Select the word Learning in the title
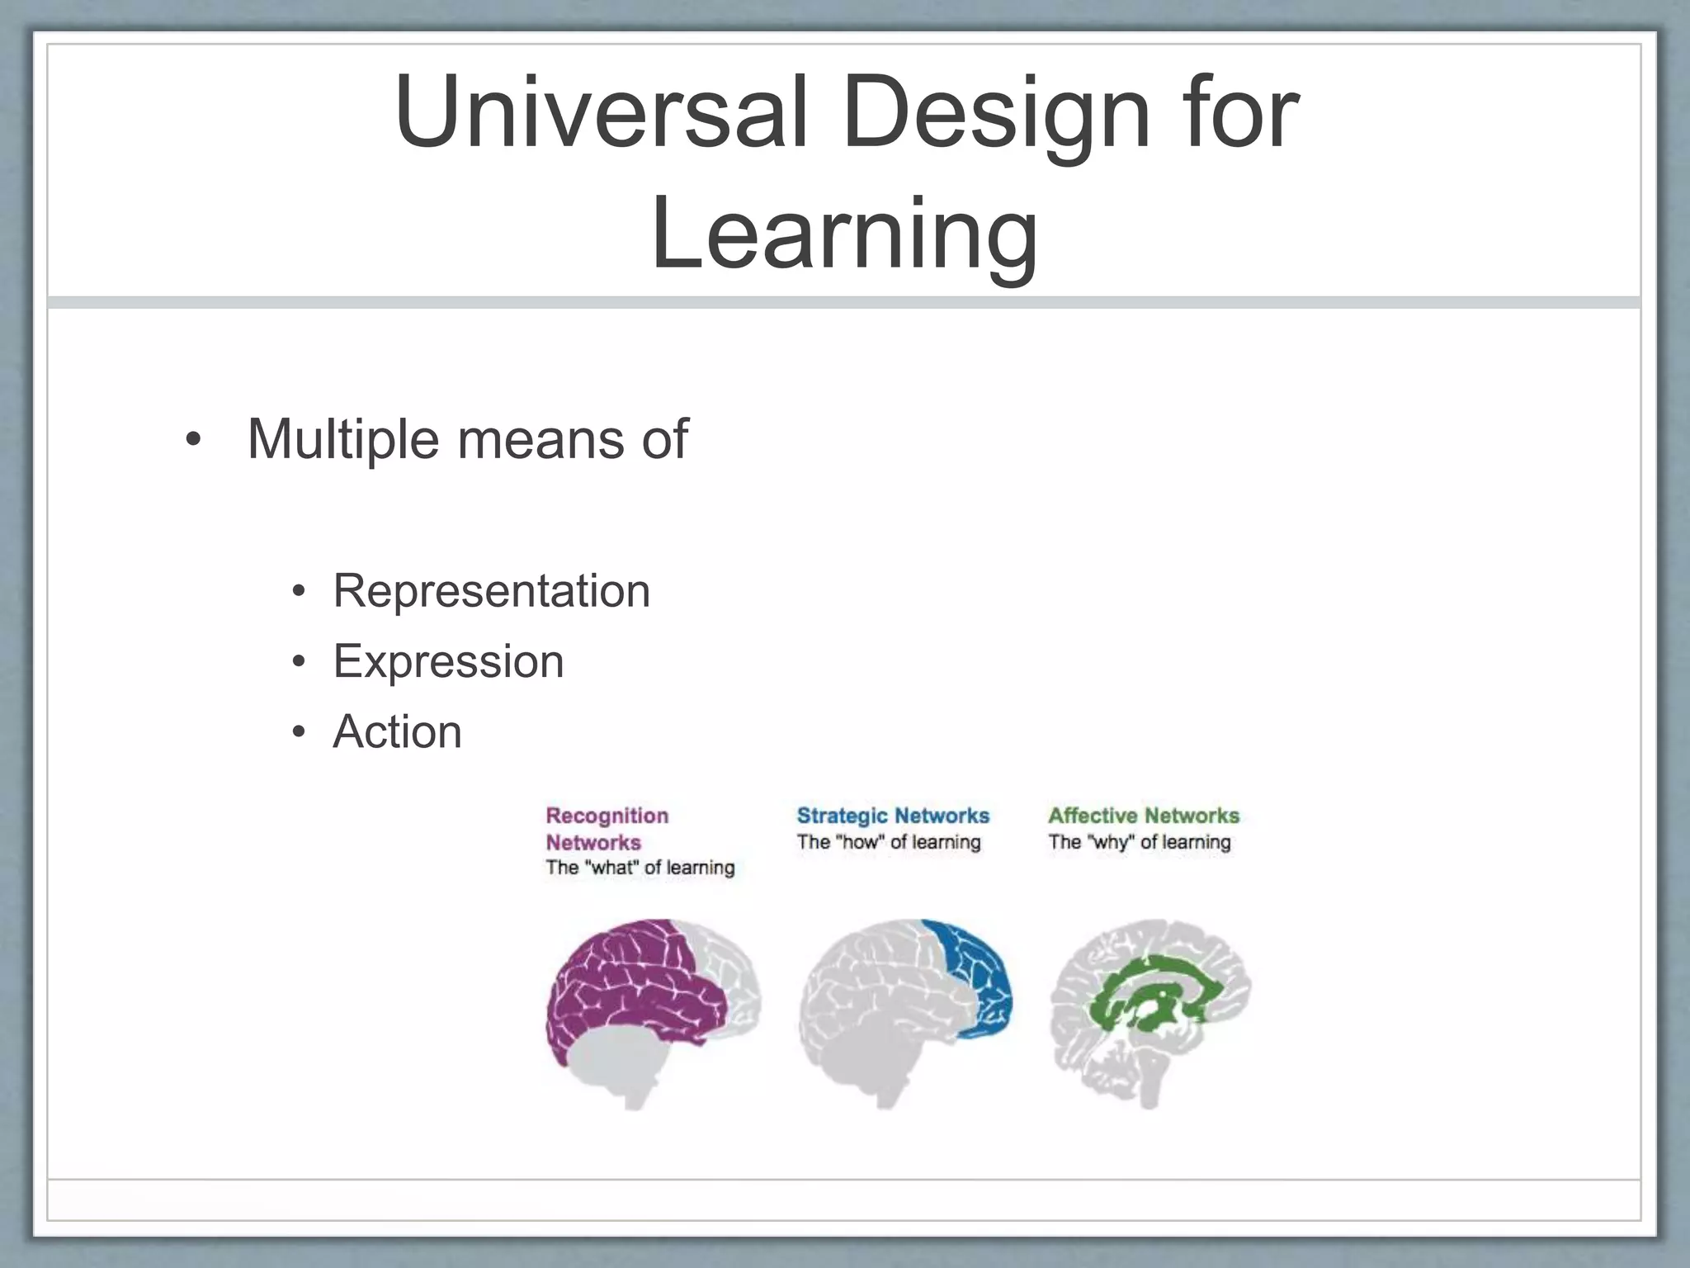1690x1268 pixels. point(844,235)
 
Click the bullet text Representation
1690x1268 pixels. point(492,591)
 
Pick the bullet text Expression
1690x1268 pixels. point(448,661)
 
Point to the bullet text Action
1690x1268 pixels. point(397,731)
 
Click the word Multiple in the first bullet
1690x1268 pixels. point(342,438)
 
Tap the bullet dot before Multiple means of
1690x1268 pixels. point(192,439)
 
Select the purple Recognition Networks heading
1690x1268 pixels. point(607,828)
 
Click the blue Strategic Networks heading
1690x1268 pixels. point(893,816)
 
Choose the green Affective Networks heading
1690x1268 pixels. point(1144,816)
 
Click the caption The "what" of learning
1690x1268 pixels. point(640,868)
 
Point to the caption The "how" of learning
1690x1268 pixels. point(889,842)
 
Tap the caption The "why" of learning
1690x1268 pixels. point(1140,842)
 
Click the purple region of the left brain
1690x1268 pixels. point(627,982)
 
